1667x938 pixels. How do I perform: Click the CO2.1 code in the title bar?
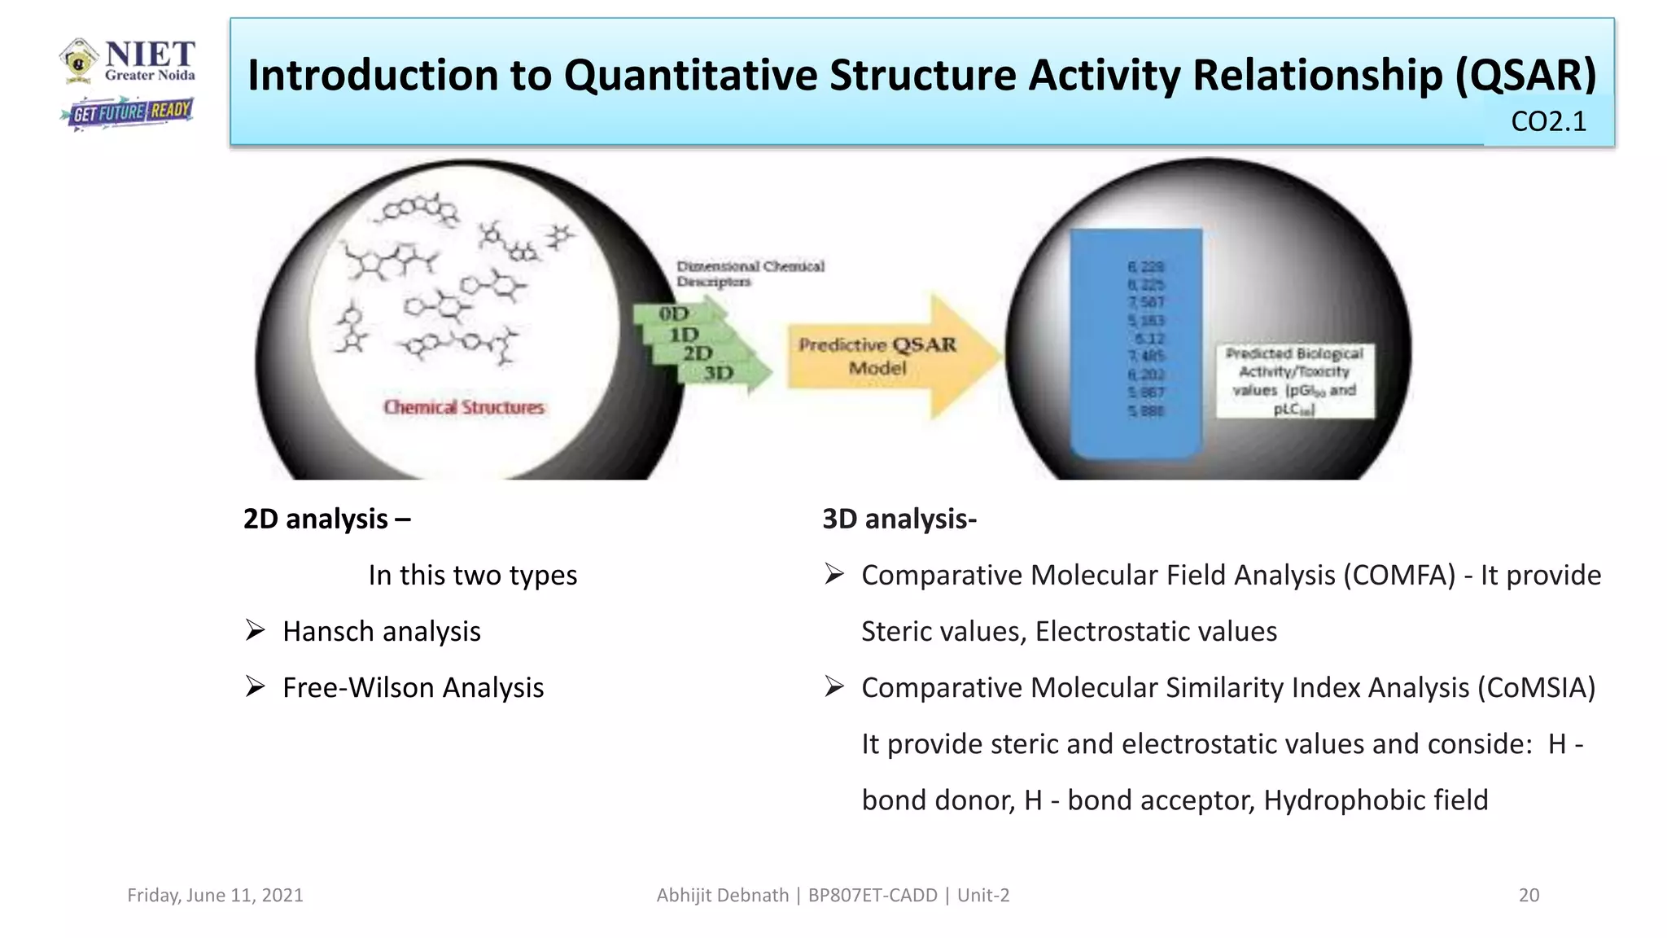pos(1548,121)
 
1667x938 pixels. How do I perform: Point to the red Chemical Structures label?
pos(463,407)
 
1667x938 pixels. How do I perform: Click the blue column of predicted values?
pos(1136,342)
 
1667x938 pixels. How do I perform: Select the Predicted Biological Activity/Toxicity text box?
pos(1294,381)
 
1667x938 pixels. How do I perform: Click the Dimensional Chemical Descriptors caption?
pos(750,274)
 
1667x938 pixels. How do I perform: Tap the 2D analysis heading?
pos(326,519)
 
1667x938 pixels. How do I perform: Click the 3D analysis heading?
pos(899,519)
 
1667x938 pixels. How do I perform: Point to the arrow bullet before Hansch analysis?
pos(256,631)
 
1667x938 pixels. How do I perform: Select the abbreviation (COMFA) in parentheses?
pos(1398,575)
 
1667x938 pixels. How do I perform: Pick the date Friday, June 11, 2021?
pos(215,895)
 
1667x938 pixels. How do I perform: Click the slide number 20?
pos(1529,895)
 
